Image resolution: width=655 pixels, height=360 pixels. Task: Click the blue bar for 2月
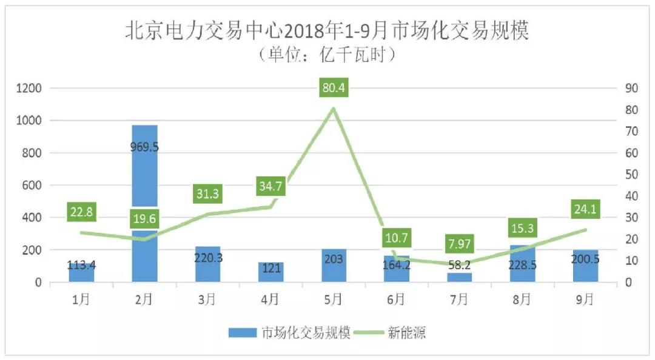coord(144,182)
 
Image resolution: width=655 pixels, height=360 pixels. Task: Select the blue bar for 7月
coord(459,277)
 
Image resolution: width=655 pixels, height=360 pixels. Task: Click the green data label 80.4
coord(334,88)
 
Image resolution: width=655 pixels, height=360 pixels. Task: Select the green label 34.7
coord(270,187)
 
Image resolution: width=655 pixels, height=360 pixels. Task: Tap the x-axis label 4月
coord(270,299)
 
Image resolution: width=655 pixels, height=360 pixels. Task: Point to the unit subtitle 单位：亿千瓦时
coord(327,55)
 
